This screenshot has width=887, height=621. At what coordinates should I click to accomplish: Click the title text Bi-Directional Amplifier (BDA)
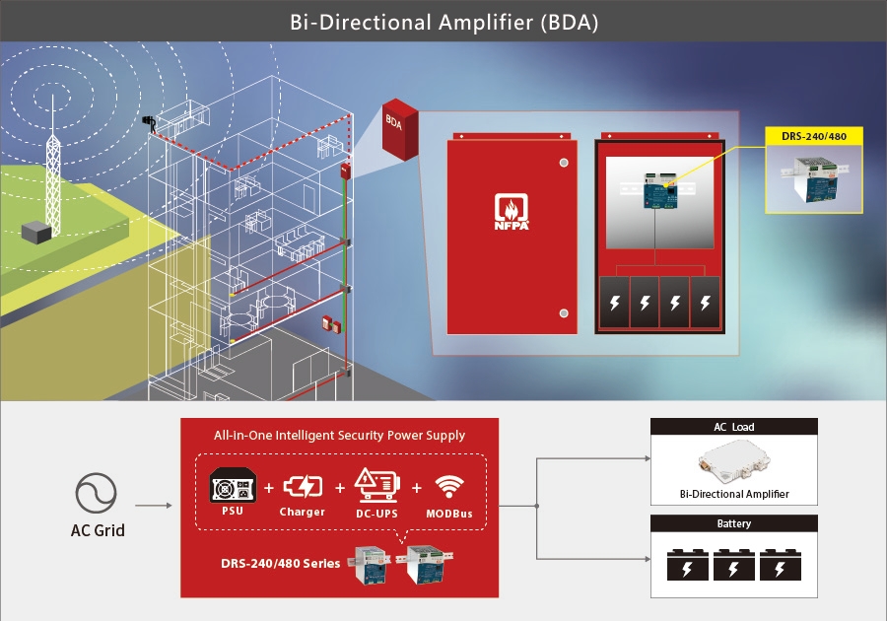click(x=443, y=22)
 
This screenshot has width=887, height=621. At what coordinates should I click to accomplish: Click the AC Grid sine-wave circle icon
click(x=96, y=493)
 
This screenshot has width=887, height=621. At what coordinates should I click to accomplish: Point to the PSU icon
click(x=234, y=487)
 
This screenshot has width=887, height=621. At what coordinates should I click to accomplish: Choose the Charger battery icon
click(x=302, y=486)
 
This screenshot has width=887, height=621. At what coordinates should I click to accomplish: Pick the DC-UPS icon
click(x=375, y=485)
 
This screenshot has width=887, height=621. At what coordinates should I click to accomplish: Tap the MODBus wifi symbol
click(x=448, y=486)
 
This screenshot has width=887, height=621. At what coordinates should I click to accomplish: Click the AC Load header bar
click(x=734, y=427)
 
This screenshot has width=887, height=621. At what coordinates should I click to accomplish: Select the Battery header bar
click(x=734, y=523)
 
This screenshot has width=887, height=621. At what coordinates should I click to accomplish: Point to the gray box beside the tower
click(x=38, y=233)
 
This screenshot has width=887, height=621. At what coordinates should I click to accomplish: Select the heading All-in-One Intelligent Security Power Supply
click(x=339, y=435)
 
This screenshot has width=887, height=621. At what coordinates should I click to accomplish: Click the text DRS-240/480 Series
click(x=280, y=563)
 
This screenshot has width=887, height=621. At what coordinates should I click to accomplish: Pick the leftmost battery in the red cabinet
click(x=616, y=304)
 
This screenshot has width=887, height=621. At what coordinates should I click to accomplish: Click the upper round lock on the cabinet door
click(x=563, y=162)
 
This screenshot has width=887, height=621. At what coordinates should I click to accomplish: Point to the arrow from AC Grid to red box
click(x=153, y=506)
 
